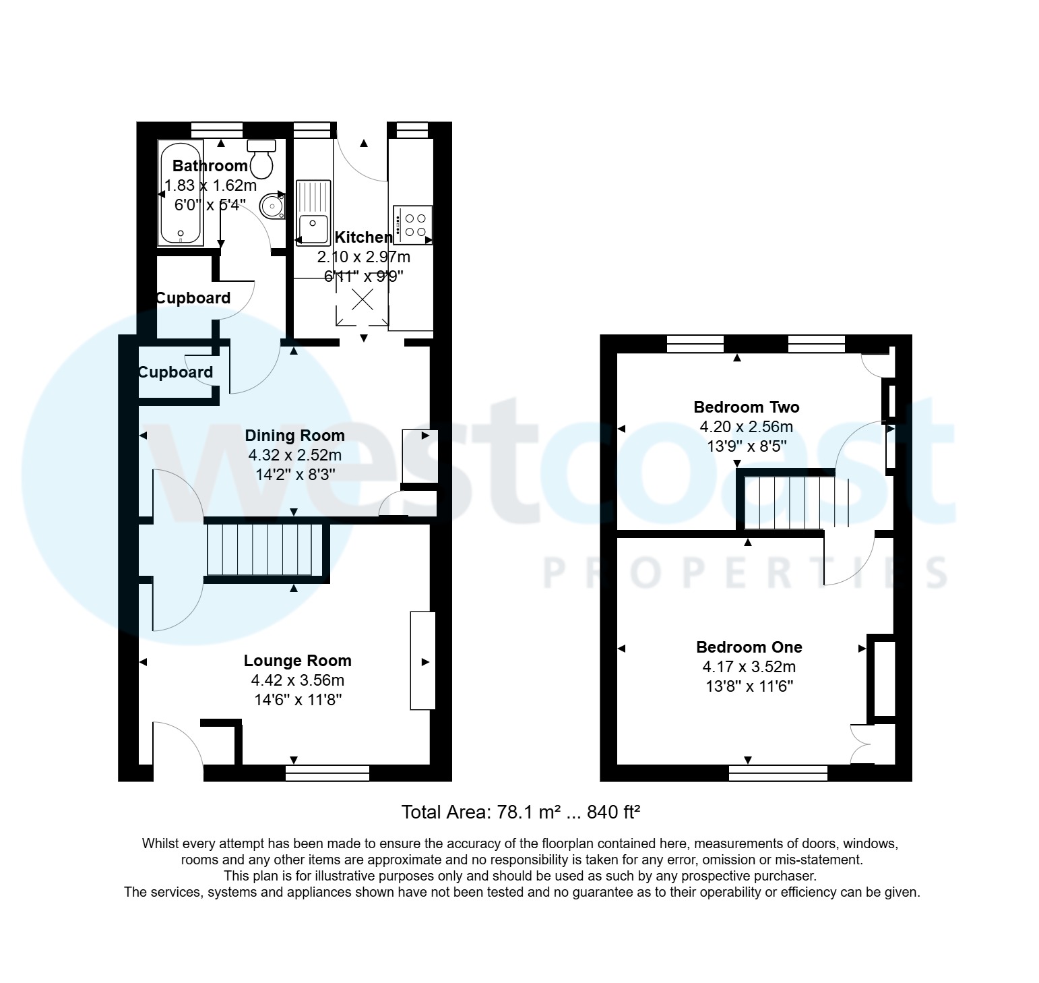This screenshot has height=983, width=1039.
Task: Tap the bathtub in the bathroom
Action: [x=180, y=193]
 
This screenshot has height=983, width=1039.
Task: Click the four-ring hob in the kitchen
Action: [x=413, y=225]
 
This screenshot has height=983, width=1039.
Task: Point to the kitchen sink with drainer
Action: [x=313, y=211]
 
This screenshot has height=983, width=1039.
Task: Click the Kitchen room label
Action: [x=363, y=237]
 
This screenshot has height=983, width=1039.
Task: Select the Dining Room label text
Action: [x=294, y=436]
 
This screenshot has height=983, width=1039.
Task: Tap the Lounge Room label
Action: [x=297, y=661]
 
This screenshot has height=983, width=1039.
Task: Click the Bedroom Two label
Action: [x=746, y=407]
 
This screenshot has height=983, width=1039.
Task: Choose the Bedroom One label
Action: [x=749, y=647]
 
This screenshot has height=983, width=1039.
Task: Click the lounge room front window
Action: [x=327, y=773]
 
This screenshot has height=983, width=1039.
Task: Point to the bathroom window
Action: [x=216, y=129]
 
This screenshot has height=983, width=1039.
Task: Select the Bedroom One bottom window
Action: [x=778, y=773]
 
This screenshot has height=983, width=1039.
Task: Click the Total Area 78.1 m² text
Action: [x=519, y=812]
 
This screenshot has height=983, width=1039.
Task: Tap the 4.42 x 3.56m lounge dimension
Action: [x=297, y=680]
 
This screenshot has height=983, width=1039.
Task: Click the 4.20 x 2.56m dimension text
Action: [x=746, y=427]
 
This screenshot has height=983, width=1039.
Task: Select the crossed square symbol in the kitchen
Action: [x=363, y=300]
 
